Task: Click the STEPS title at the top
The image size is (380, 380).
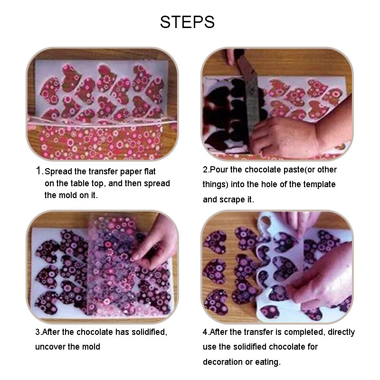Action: coord(187,22)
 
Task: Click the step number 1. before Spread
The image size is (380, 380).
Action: coord(40,171)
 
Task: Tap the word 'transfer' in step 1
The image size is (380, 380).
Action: coord(103,171)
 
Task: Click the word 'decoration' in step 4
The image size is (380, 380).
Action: coord(223,362)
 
